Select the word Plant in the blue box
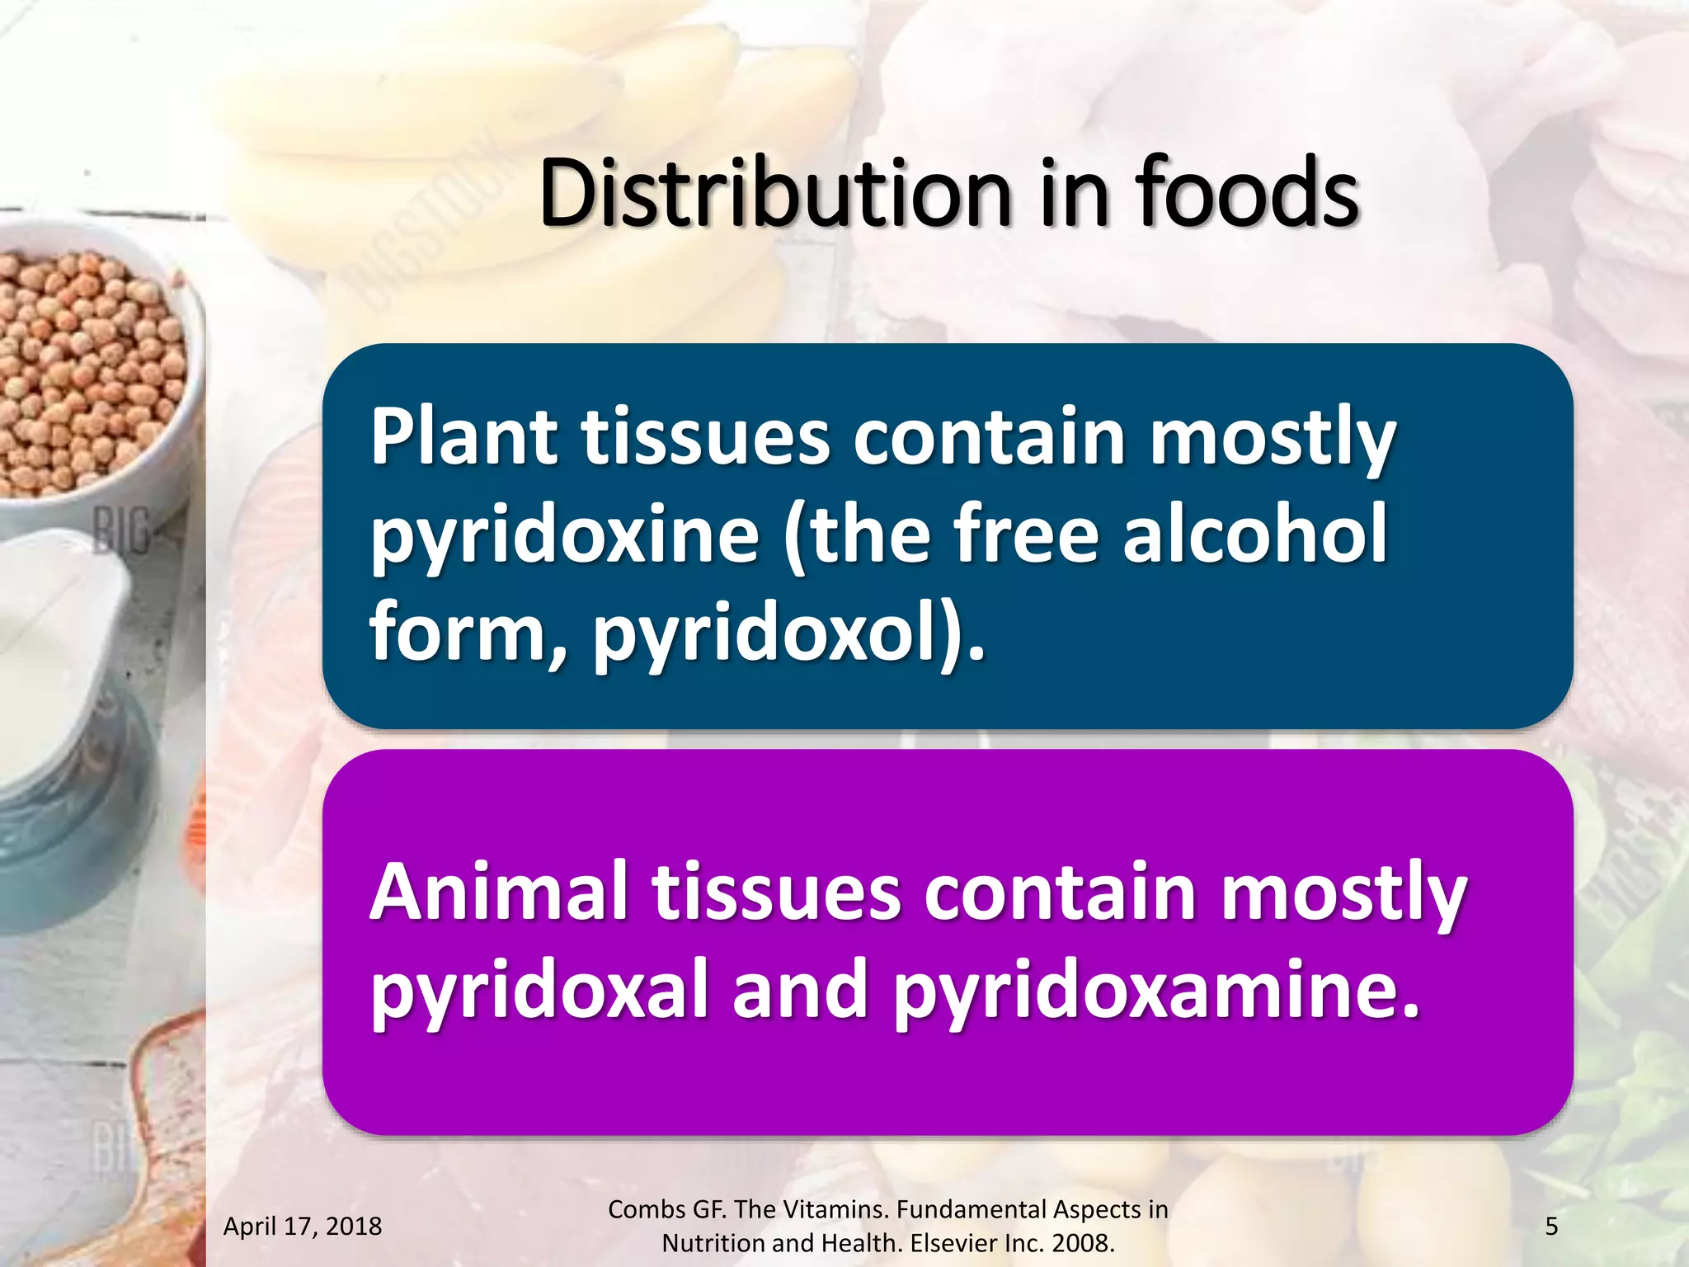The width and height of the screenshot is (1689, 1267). pos(464,436)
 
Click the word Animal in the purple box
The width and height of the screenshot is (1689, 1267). pos(496,893)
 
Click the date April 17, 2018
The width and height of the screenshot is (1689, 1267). pos(303,1227)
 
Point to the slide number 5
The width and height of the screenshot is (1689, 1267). pos(1551,1227)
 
